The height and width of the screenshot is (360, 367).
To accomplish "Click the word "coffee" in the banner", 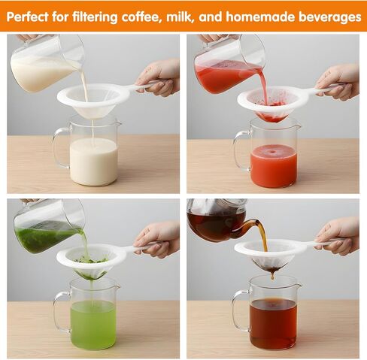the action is tap(141, 17).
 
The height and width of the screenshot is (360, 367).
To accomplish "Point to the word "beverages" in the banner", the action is tap(329, 17).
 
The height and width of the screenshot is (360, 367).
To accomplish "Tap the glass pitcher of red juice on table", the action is tap(268, 155).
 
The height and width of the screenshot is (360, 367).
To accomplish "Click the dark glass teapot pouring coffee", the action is tap(220, 220).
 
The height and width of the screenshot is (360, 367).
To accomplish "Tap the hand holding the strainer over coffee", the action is tap(338, 237).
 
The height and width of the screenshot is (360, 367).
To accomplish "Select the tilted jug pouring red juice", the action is tap(229, 65).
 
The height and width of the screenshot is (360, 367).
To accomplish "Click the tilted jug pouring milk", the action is tap(47, 63).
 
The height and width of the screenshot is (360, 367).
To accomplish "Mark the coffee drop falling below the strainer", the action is tap(272, 277).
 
